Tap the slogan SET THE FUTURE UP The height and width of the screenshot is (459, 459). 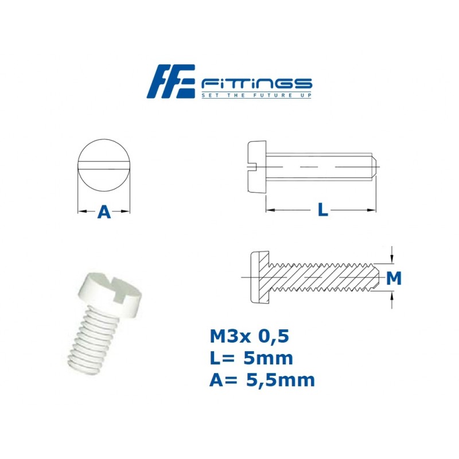click(x=256, y=95)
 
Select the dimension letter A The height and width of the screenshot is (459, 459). click(x=104, y=212)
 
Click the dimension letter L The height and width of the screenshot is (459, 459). click(x=323, y=211)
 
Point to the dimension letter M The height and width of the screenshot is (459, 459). click(x=394, y=279)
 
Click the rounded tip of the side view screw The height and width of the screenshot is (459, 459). click(x=373, y=166)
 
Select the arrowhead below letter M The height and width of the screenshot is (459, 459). click(x=392, y=296)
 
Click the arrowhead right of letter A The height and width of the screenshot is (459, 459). click(x=127, y=212)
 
